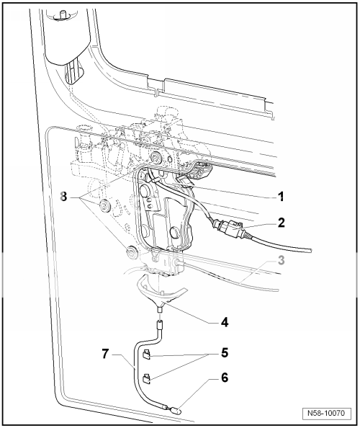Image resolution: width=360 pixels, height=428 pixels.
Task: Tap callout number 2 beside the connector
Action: coord(282,222)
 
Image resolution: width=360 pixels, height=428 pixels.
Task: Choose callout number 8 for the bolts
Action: coord(66,196)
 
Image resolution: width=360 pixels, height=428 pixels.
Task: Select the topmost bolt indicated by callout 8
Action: coord(156,158)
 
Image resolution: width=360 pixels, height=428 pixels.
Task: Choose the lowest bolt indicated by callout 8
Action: coord(131,252)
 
